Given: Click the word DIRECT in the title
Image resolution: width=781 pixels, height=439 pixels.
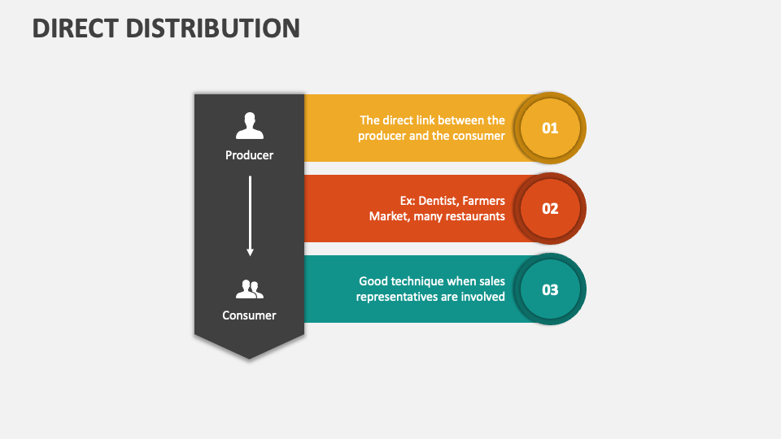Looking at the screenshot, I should (x=74, y=28).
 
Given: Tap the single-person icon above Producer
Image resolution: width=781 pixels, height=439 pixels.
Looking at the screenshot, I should (x=250, y=126).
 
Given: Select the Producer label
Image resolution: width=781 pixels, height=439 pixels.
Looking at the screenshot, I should (x=250, y=155).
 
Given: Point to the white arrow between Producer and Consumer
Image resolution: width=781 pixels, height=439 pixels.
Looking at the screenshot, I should (x=250, y=215).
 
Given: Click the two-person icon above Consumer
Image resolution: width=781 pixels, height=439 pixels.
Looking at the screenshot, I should (x=250, y=289).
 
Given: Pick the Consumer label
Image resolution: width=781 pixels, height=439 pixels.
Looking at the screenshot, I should (x=250, y=315).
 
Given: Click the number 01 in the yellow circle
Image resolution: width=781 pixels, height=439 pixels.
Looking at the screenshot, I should (x=551, y=128).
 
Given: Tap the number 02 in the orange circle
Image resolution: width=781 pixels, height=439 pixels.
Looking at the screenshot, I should (x=551, y=208).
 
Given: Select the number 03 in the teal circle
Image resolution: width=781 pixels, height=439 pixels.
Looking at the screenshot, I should (x=551, y=289).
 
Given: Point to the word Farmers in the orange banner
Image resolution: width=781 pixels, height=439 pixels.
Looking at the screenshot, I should (x=484, y=201).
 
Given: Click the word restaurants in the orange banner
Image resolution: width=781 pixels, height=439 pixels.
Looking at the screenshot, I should (x=473, y=216).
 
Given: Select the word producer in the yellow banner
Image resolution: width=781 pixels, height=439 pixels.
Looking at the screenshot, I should (x=382, y=136).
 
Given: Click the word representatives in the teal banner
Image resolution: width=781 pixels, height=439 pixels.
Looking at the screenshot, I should (x=396, y=297).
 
